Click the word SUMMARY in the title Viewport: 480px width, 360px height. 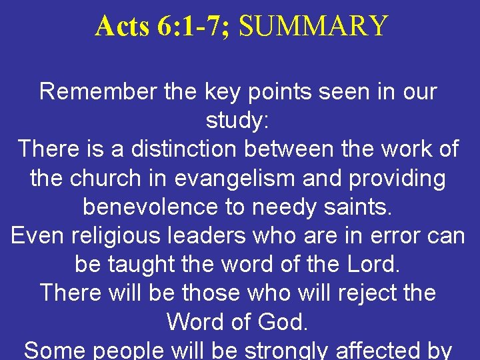click(313, 26)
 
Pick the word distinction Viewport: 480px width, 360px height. click(184, 149)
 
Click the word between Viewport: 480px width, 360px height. click(293, 149)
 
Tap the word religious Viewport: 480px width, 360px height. click(112, 235)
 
